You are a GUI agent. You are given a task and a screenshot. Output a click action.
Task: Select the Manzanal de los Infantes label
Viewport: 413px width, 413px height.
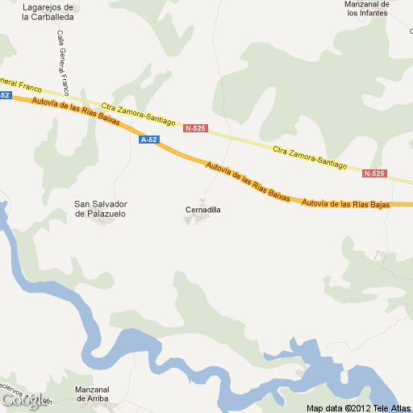[367, 8]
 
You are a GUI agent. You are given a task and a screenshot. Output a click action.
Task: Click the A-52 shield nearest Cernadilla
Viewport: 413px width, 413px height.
[149, 140]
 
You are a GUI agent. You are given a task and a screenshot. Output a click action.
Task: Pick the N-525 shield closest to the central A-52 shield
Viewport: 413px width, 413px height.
[194, 128]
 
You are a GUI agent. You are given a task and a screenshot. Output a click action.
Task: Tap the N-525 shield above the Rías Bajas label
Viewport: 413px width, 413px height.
[374, 173]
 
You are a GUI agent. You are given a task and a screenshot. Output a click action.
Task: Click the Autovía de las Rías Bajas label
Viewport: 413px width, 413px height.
[346, 204]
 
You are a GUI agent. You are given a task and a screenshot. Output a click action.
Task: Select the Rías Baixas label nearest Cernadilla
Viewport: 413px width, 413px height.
[248, 181]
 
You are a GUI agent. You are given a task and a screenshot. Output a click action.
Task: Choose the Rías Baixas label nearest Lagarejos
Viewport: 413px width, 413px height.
[76, 111]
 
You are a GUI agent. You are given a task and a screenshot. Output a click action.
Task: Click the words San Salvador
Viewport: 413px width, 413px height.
[101, 204]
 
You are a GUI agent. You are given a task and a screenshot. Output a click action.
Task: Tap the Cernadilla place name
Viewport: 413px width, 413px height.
[202, 210]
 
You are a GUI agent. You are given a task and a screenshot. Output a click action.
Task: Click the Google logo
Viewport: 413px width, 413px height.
[21, 399]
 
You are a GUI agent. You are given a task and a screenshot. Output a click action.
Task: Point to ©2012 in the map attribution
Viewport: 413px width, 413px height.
[359, 407]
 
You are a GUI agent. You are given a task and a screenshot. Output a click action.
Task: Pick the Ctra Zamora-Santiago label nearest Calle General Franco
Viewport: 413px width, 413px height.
[138, 114]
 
